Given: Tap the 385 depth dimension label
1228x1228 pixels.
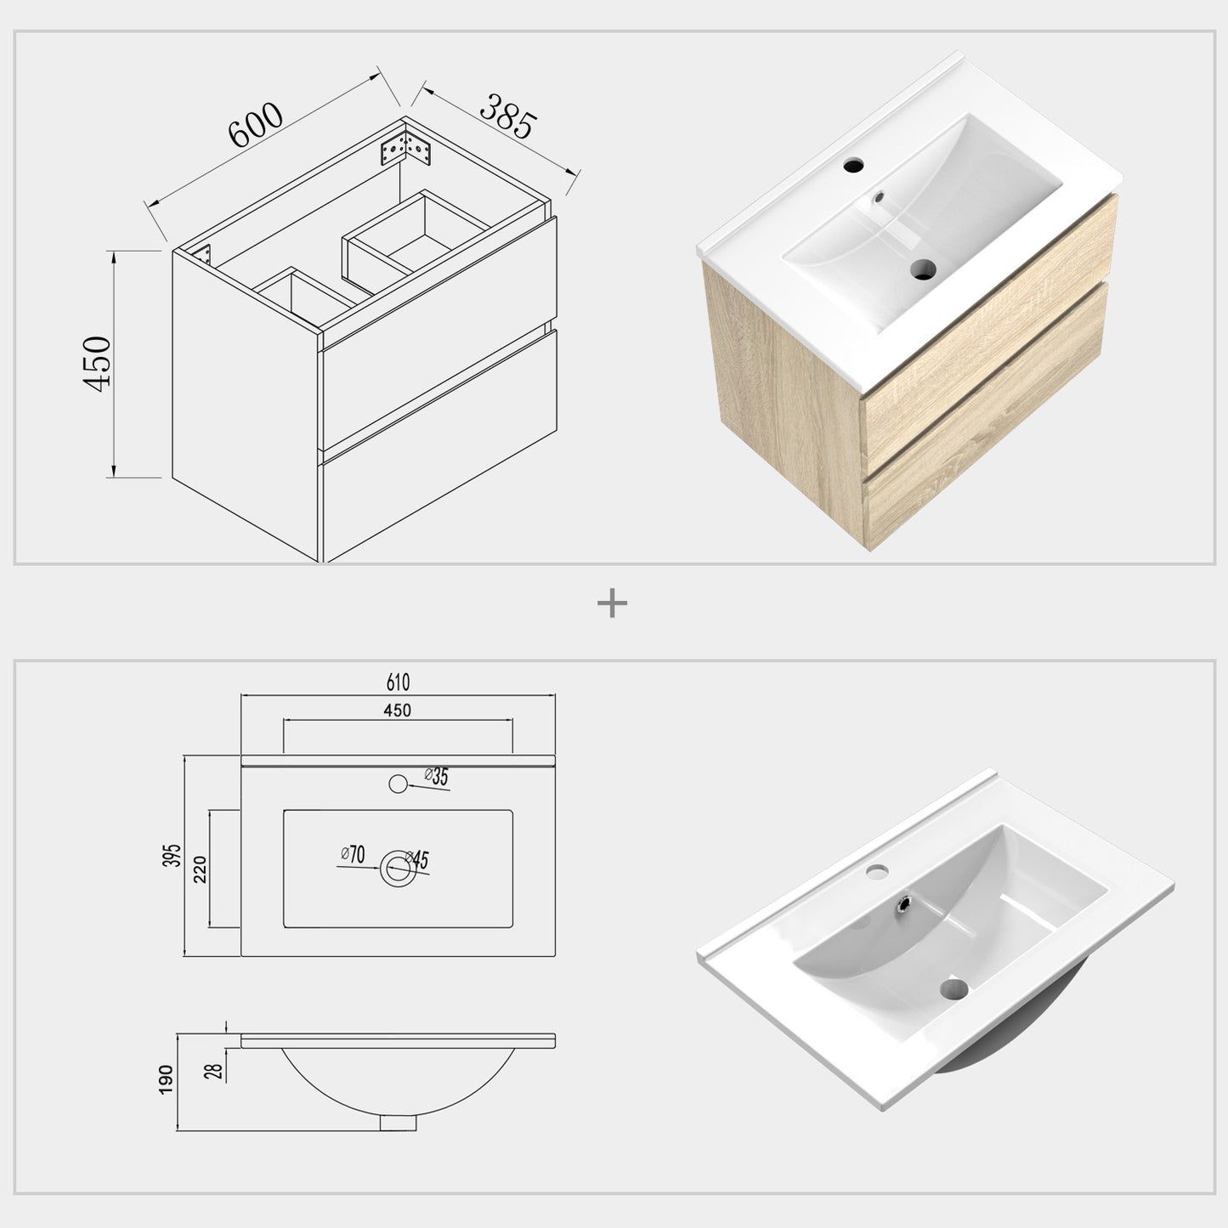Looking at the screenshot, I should tap(508, 116).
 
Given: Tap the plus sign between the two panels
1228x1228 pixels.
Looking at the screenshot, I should tap(612, 604).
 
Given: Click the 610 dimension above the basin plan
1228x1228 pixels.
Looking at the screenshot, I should tap(398, 682).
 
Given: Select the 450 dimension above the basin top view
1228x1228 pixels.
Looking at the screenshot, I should tap(397, 710).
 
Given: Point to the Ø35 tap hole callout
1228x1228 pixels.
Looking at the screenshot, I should tap(437, 776).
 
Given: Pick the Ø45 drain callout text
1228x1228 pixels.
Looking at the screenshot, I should tap(417, 859).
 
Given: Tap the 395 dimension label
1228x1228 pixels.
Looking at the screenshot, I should tap(173, 856).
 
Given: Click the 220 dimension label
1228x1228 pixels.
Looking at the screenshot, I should tap(201, 869).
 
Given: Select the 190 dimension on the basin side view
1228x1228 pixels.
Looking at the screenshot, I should tap(167, 1079).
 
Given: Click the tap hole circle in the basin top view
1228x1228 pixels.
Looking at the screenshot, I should tap(397, 784).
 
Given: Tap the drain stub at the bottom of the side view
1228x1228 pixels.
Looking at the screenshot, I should tap(398, 1123).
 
